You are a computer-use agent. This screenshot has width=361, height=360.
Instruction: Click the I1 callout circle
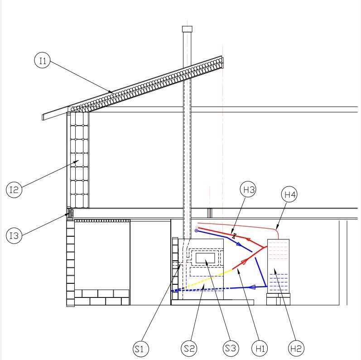43,60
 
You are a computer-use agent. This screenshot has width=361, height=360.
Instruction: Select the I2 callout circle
14,190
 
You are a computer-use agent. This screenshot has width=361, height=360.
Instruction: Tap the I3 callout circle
14,235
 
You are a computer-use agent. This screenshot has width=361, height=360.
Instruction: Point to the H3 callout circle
248,189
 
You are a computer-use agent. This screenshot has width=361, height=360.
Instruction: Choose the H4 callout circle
289,195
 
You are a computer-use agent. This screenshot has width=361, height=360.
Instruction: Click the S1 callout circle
141,349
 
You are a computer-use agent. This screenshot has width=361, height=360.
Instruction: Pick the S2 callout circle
189,348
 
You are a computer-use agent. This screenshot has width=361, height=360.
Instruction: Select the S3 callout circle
231,348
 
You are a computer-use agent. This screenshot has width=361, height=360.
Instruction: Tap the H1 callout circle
260,348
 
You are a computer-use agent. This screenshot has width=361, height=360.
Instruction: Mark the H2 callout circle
296,348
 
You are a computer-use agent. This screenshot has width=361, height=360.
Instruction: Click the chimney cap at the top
187,29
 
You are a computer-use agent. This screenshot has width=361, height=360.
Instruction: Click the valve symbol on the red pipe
234,236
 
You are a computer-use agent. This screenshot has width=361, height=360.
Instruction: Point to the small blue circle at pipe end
196,231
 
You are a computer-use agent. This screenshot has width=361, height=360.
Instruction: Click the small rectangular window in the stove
205,258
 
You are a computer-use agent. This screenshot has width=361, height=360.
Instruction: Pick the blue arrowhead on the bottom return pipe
252,287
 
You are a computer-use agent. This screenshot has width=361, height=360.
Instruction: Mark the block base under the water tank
279,299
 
